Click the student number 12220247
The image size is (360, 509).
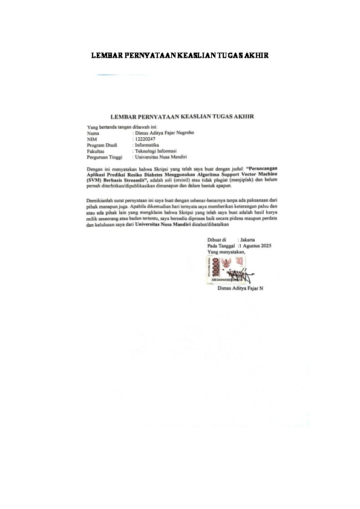(x=146, y=138)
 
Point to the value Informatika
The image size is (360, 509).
(x=149, y=144)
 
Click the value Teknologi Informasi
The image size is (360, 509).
(x=157, y=151)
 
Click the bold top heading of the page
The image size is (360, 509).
(x=179, y=56)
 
